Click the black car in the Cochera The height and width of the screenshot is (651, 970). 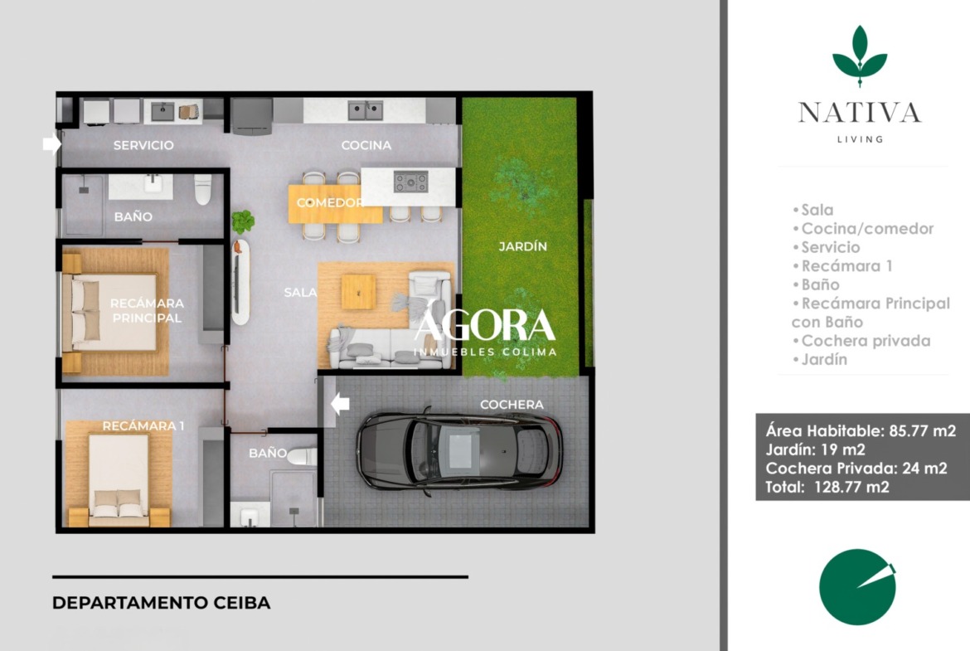click(x=459, y=449)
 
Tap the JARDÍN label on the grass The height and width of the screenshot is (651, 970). click(x=523, y=246)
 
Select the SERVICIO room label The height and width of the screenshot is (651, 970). click(x=143, y=145)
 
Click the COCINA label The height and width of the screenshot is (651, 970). click(x=366, y=145)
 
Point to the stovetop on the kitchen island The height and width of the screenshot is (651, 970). click(x=411, y=182)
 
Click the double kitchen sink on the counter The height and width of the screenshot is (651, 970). click(x=365, y=111)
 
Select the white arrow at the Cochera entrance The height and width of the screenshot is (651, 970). click(x=340, y=405)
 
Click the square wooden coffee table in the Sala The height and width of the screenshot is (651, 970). click(x=358, y=292)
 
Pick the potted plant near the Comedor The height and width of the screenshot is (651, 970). click(x=242, y=221)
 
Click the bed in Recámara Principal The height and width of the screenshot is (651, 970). click(x=110, y=312)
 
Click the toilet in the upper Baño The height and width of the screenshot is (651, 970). click(x=203, y=189)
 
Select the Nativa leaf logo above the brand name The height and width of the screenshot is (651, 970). click(x=859, y=56)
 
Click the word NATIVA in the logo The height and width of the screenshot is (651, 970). click(x=860, y=113)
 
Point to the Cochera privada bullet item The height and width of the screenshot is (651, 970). click(x=861, y=341)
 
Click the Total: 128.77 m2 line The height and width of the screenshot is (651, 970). click(x=827, y=487)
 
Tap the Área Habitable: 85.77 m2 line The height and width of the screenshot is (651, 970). click(x=861, y=430)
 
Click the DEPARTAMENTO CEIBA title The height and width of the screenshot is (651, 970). click(x=162, y=603)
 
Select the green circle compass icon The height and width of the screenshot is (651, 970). click(x=857, y=587)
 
